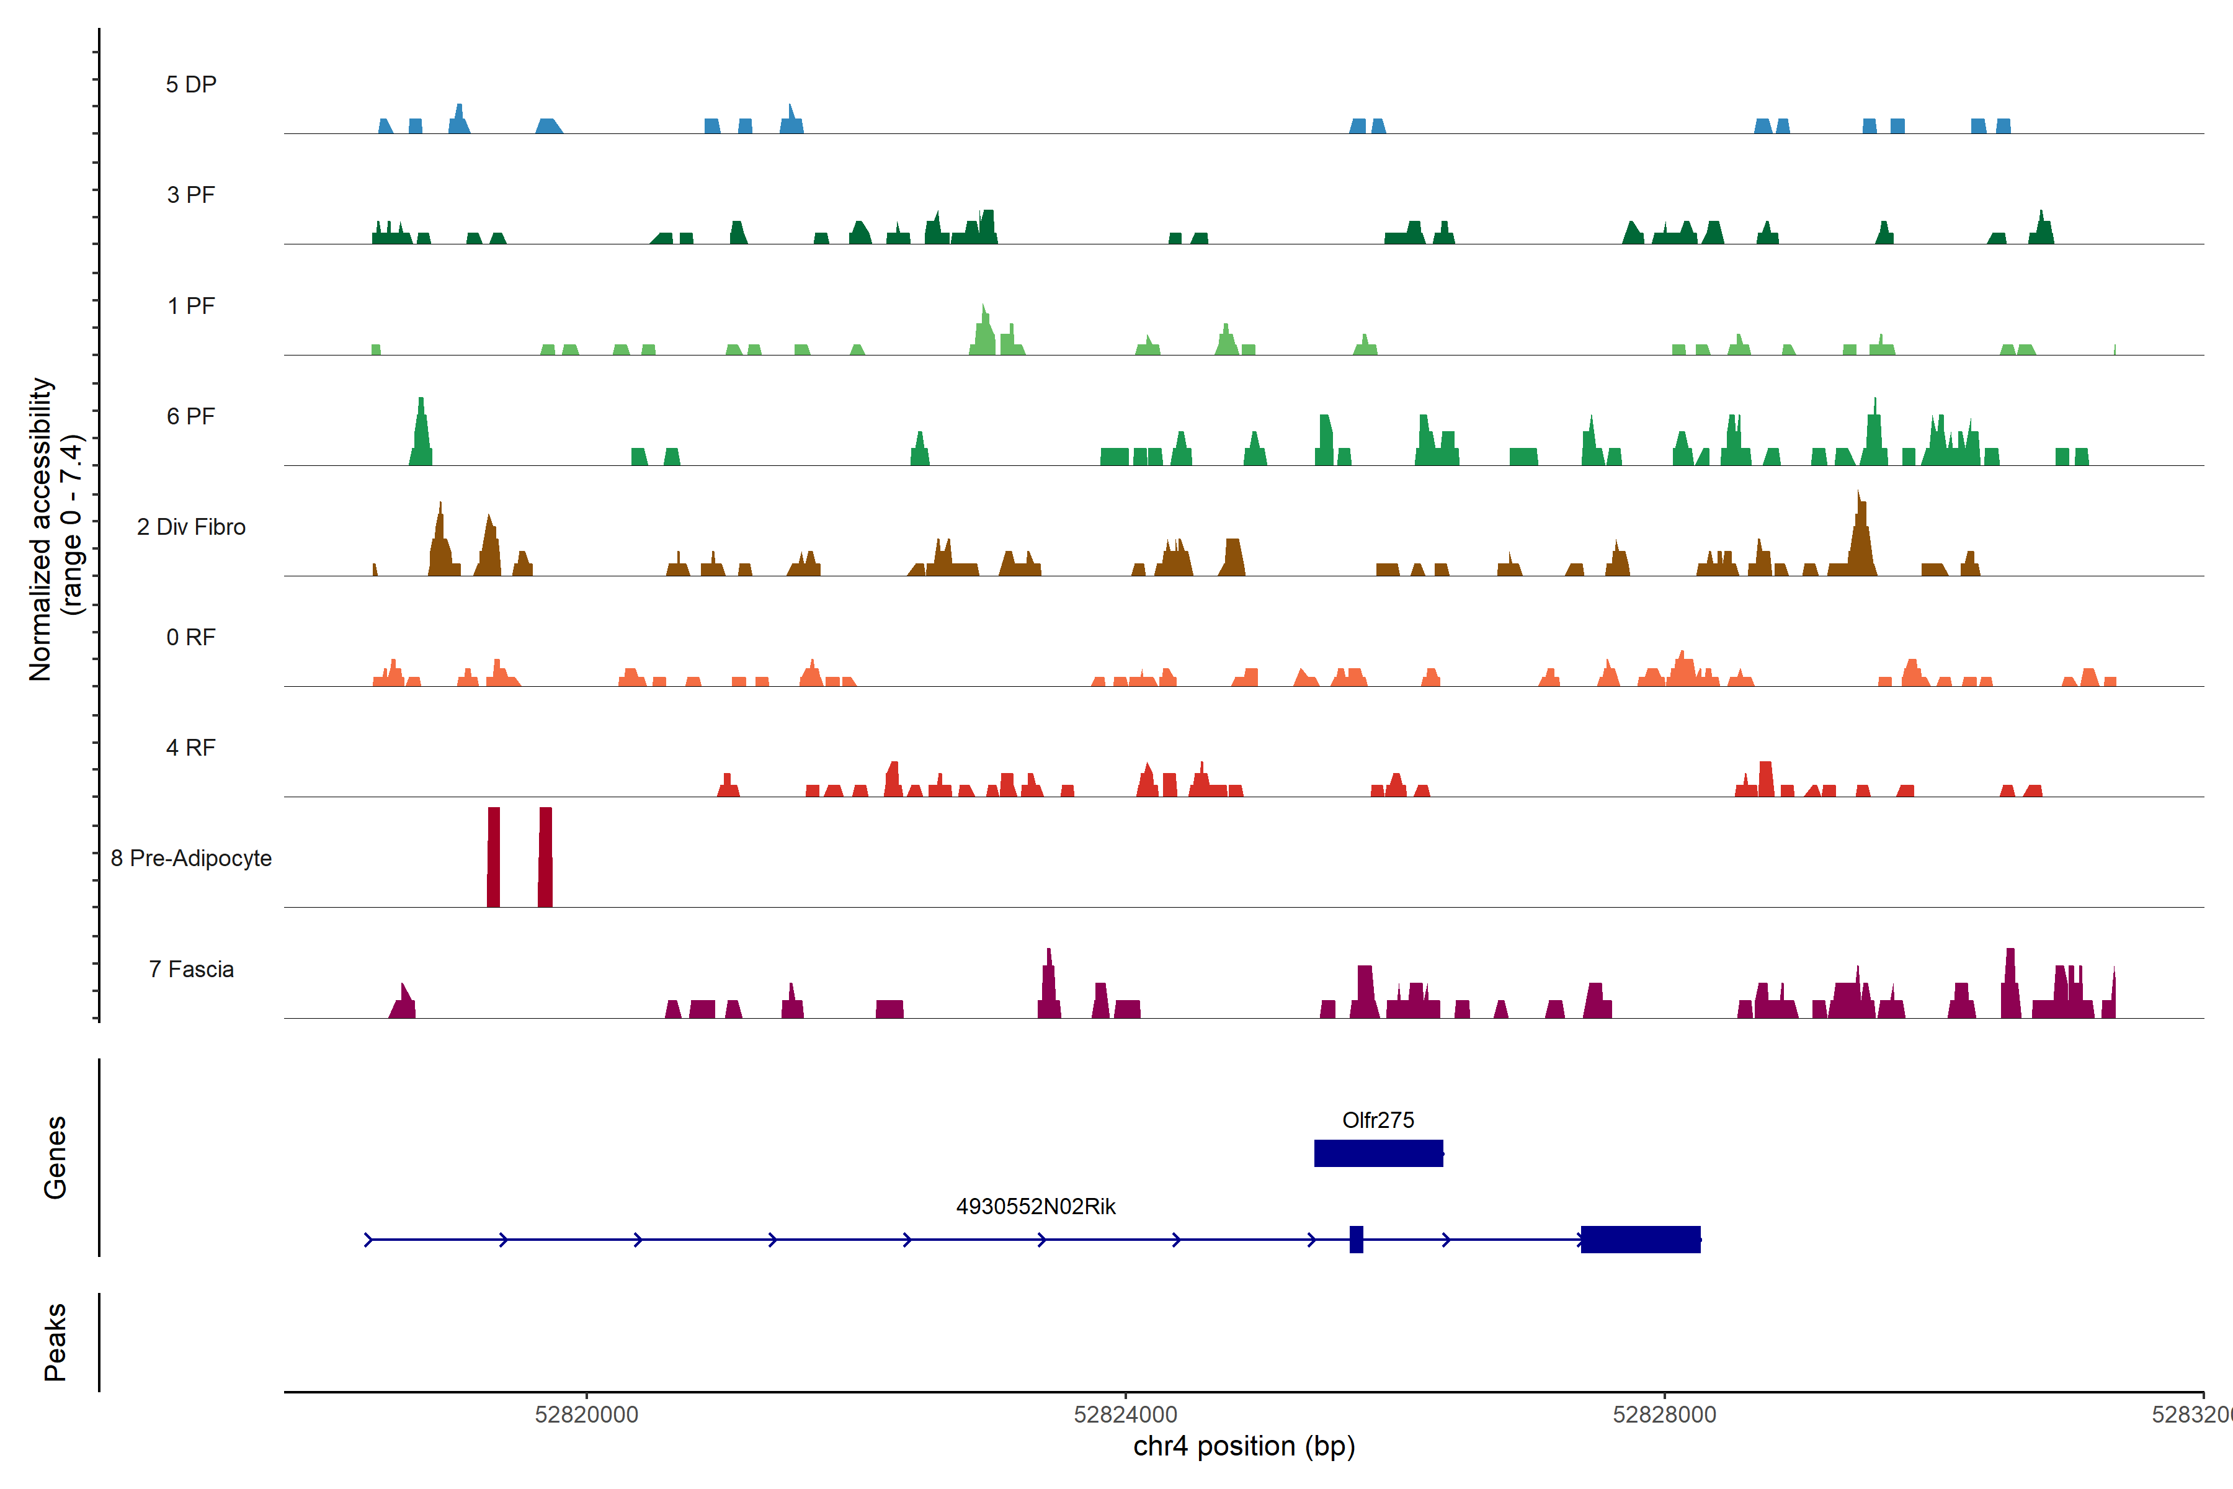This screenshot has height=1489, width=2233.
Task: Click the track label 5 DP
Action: (191, 84)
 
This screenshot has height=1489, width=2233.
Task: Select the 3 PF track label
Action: (191, 195)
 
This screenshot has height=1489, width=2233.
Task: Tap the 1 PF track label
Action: (191, 306)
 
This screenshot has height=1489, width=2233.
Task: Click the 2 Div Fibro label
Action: (191, 527)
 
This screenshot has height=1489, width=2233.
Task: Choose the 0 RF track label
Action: (191, 637)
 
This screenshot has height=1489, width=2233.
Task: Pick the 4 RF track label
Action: (191, 748)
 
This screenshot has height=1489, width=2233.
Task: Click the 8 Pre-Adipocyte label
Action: (191, 859)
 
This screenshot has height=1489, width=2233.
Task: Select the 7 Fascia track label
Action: (191, 968)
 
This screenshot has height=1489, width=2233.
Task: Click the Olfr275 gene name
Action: (1378, 1120)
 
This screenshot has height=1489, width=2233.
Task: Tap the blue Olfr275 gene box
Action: (1378, 1153)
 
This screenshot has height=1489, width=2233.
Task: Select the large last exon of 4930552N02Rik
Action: (1639, 1239)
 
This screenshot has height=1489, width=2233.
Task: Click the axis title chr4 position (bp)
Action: (1244, 1446)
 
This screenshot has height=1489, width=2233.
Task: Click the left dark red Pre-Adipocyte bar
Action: (494, 857)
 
